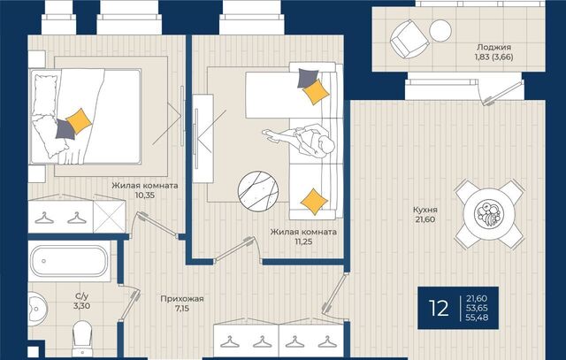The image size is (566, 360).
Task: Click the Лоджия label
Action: pos(493,47)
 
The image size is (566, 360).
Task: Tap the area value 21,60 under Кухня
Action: pos(424,219)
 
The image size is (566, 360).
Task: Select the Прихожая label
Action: pos(182,299)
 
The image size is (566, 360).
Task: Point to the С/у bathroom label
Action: pos(81,296)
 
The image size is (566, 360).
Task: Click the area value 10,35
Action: pos(144,195)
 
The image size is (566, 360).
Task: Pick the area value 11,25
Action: pos(303,241)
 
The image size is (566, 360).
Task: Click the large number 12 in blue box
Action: pos(439,309)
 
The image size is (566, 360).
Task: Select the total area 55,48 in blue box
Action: pos(477,318)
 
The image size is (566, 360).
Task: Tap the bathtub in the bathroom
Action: pos(69,261)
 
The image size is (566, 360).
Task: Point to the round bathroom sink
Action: pos(37,309)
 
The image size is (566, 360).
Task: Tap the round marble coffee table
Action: pos(258,191)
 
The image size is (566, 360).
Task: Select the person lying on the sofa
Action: pos(299,141)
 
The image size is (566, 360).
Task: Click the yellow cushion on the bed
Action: pos(79,121)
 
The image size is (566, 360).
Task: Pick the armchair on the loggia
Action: pos(409,39)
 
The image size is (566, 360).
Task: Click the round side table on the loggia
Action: pos(440,31)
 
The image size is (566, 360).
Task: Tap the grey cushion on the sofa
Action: pos(308,79)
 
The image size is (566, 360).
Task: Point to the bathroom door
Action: pos(129,303)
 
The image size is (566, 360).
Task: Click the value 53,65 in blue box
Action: pos(477,308)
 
